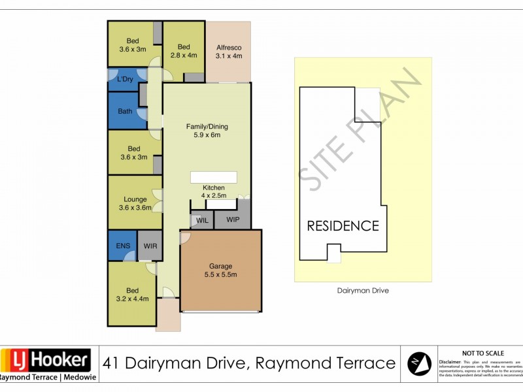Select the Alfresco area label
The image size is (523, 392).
point(229,52)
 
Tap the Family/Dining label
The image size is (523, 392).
point(207,131)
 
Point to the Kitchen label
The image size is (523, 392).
point(214,191)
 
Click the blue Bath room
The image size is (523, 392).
point(125,111)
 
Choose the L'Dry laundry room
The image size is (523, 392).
point(125,80)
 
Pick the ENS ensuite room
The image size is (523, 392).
point(122,246)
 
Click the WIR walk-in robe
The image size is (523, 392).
point(150,246)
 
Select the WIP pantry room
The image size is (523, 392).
point(233,220)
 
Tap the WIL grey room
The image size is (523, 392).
point(202,220)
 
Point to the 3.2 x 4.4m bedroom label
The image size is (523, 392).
point(132,295)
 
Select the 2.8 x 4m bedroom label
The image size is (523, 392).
point(183,51)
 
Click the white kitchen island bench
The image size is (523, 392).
point(212,178)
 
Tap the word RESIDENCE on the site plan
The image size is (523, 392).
point(343,226)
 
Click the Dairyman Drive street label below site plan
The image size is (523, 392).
point(363,291)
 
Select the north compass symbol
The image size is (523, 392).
point(419,363)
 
